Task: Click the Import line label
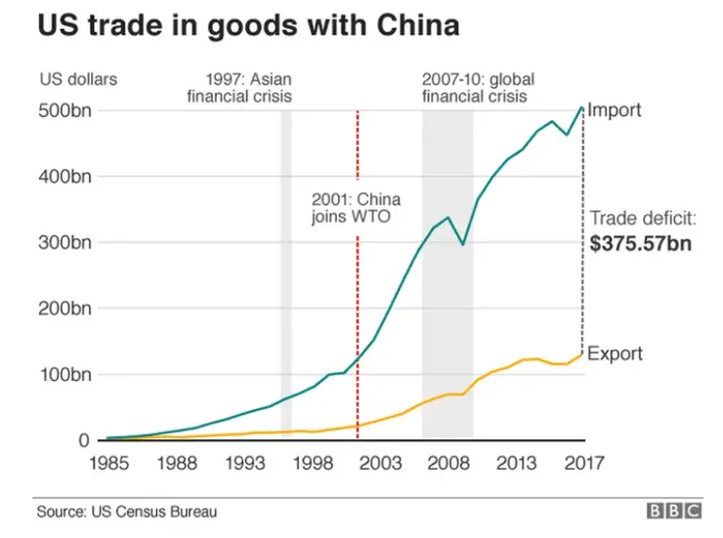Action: click(x=616, y=109)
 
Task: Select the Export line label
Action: click(x=616, y=353)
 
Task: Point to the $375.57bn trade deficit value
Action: click(x=641, y=244)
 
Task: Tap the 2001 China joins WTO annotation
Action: click(x=351, y=207)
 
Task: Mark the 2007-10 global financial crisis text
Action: click(x=479, y=87)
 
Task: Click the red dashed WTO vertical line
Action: click(x=358, y=293)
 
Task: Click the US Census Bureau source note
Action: click(x=127, y=511)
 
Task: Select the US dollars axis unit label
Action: click(x=78, y=79)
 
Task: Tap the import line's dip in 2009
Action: click(x=464, y=243)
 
